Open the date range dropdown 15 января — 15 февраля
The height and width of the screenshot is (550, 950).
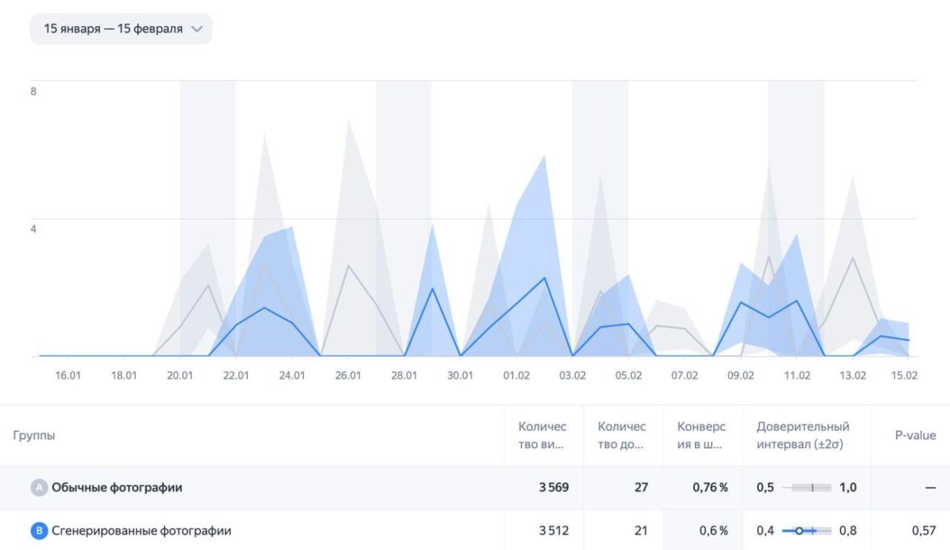point(120,29)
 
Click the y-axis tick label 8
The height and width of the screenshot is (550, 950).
point(33,91)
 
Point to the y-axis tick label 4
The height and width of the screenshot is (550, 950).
point(33,229)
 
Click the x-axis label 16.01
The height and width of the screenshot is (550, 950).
point(68,376)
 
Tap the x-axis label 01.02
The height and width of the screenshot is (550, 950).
point(516,376)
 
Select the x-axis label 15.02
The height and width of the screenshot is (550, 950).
point(903,376)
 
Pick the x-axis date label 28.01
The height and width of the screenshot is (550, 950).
point(404,376)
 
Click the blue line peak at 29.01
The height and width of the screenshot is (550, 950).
point(432,288)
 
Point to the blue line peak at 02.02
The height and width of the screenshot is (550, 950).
point(544,278)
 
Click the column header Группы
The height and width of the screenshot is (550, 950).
point(34,435)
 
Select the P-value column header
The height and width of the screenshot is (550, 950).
point(915,435)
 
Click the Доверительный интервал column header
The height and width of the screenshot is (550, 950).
point(802,435)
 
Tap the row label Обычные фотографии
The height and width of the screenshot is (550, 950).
point(116,488)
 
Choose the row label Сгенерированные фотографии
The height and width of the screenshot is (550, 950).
point(141,531)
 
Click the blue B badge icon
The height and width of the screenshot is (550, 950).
point(39,531)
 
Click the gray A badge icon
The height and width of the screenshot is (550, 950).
point(39,488)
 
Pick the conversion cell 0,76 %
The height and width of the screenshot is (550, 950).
point(710,488)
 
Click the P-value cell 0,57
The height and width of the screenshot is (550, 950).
point(923,531)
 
